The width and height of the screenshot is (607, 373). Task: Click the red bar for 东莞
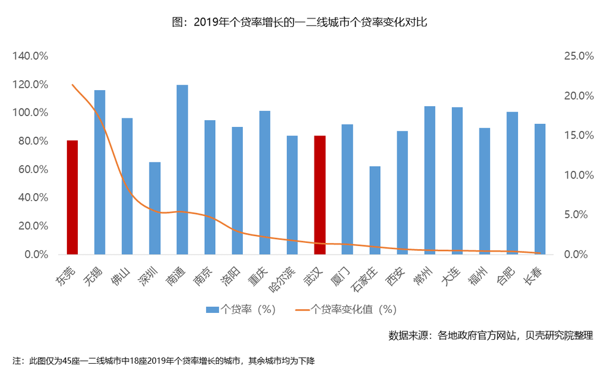72,197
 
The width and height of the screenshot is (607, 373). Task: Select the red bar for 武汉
320,194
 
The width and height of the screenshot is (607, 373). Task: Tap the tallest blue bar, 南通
182,169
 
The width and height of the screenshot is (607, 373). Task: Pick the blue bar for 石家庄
375,210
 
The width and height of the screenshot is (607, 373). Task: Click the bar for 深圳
155,208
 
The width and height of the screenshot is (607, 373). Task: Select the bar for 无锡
99,172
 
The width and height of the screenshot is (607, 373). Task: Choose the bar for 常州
430,180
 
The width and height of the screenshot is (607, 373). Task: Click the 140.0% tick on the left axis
30,56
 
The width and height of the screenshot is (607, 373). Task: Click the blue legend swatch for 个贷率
212,309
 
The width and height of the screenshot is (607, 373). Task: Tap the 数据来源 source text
491,336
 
